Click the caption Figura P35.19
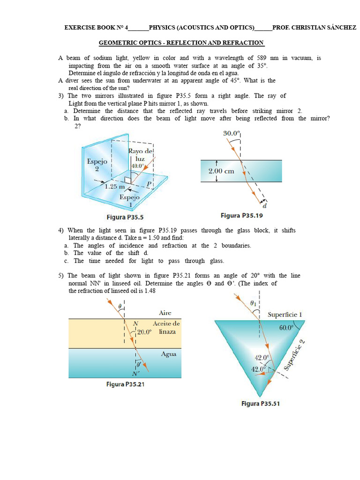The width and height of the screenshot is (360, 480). [x=242, y=216]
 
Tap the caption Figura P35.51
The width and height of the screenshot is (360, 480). [x=261, y=403]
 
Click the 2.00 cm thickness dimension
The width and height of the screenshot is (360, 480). [x=221, y=171]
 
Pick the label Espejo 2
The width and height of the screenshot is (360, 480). [x=97, y=165]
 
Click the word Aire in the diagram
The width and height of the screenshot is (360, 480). [x=165, y=313]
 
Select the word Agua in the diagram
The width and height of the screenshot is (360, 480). [x=168, y=354]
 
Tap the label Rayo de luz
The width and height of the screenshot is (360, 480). [x=141, y=155]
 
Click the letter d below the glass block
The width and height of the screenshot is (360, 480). [x=265, y=205]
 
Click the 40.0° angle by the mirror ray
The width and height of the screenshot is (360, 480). [x=138, y=165]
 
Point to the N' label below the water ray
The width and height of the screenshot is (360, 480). [x=136, y=374]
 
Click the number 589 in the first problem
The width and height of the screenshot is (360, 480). [x=261, y=58]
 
